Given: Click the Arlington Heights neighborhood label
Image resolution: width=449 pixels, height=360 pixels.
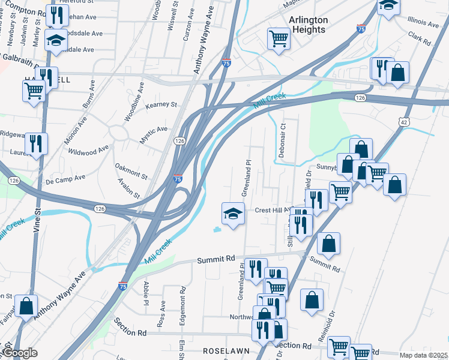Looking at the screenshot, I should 309,25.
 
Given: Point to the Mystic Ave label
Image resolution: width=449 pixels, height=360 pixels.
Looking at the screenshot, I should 154,130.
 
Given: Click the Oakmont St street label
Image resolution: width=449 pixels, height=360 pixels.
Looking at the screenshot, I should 131,170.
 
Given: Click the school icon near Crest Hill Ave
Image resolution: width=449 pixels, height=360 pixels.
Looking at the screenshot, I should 233,213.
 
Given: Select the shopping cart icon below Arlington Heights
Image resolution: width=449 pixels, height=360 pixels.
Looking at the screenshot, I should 279,39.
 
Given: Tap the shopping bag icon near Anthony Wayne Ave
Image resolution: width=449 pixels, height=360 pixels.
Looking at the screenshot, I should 26,305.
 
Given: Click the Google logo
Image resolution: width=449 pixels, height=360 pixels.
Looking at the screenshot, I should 20,353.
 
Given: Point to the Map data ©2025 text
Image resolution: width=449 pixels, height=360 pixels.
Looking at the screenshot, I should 423,355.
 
